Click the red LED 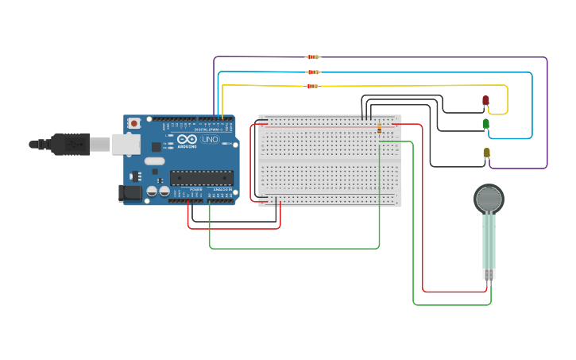[x=485, y=101]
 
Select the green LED [x=485, y=124]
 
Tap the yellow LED [x=486, y=153]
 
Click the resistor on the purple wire [x=312, y=56]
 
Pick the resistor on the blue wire [x=312, y=72]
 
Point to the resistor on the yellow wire [x=312, y=86]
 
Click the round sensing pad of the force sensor [x=489, y=199]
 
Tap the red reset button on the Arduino [x=134, y=123]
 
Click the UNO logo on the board [x=210, y=140]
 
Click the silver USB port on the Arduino [x=126, y=144]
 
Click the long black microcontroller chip [x=201, y=178]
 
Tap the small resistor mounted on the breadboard [x=379, y=128]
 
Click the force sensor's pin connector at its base [x=489, y=274]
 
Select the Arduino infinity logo [x=187, y=138]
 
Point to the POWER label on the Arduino [x=195, y=189]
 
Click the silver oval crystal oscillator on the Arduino [x=154, y=161]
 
